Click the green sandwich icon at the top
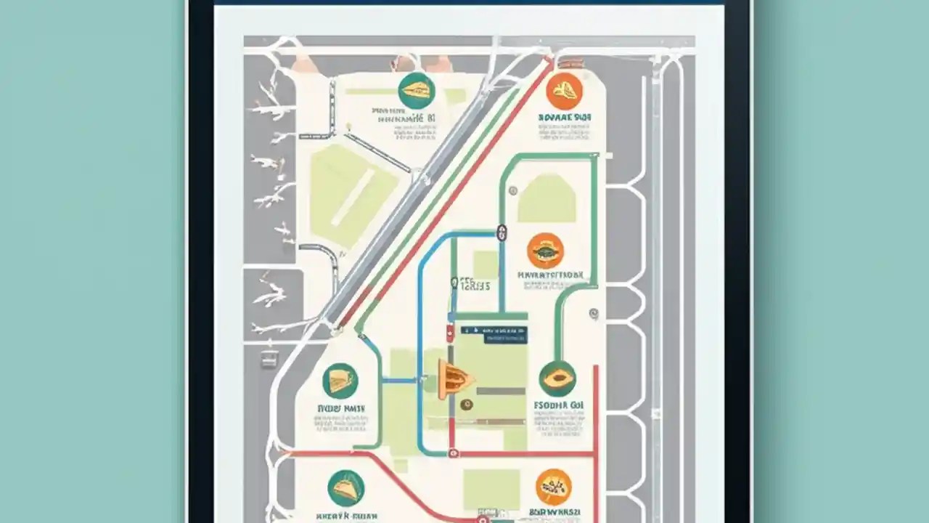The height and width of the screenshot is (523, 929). [416, 90]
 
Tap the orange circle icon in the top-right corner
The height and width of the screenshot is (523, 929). [564, 91]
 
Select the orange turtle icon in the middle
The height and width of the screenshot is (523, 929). [545, 251]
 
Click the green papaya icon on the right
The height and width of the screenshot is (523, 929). [557, 378]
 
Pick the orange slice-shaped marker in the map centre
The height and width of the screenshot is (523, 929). [454, 378]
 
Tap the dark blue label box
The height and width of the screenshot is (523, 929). [494, 333]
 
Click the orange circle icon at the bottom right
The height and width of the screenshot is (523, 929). [554, 487]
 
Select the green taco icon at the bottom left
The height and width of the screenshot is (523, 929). [345, 487]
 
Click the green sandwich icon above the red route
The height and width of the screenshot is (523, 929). [340, 381]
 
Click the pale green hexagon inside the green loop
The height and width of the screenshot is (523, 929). [547, 198]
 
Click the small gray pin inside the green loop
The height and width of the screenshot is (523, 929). [513, 190]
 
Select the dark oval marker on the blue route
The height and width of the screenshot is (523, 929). [500, 232]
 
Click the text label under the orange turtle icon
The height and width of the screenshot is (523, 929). [550, 275]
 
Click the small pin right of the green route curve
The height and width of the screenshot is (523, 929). [594, 314]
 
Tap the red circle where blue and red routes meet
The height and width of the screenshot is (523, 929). [454, 453]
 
